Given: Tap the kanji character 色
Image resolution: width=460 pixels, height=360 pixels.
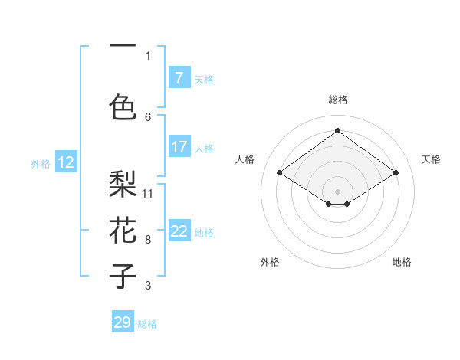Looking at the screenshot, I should pyautogui.click(x=123, y=106).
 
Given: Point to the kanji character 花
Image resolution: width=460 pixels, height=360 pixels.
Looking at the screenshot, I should pyautogui.click(x=123, y=230).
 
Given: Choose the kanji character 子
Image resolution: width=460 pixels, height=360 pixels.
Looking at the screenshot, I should pyautogui.click(x=123, y=276).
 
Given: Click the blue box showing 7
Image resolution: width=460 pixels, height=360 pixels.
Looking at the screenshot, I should pyautogui.click(x=179, y=78).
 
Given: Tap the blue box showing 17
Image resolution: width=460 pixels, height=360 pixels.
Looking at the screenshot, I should pyautogui.click(x=179, y=147).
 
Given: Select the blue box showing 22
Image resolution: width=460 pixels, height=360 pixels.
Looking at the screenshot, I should pyautogui.click(x=179, y=231).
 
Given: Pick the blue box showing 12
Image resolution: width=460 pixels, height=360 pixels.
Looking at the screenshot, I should pyautogui.click(x=65, y=162).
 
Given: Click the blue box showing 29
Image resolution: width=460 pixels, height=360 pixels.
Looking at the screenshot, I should pyautogui.click(x=123, y=322).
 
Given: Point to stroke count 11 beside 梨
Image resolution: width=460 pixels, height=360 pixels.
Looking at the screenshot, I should pyautogui.click(x=148, y=193).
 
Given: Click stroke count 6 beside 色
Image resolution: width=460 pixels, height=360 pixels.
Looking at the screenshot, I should pyautogui.click(x=148, y=116).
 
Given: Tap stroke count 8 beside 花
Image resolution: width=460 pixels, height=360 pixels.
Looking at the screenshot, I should pyautogui.click(x=148, y=240).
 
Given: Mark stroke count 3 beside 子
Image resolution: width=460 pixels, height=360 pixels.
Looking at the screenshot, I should pyautogui.click(x=148, y=286).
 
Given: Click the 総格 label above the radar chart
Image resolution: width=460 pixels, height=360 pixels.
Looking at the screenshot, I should pyautogui.click(x=337, y=100).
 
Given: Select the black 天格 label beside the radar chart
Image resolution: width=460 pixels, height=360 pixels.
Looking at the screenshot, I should pyautogui.click(x=431, y=159).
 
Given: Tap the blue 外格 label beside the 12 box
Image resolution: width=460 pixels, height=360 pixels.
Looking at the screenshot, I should pyautogui.click(x=40, y=163).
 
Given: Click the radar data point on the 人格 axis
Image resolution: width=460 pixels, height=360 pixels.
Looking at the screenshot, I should pyautogui.click(x=280, y=173).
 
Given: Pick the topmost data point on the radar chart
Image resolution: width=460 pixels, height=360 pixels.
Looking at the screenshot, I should pyautogui.click(x=337, y=131).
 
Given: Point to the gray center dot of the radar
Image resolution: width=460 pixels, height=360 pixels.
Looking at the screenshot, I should pyautogui.click(x=337, y=190).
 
